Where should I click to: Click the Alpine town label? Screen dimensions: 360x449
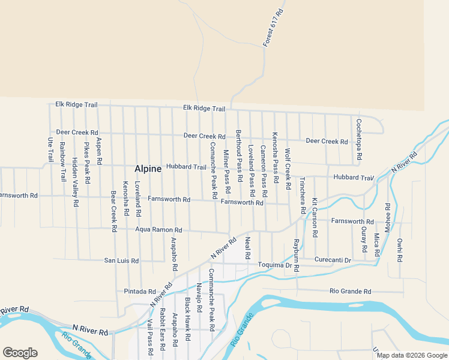(x=148, y=169)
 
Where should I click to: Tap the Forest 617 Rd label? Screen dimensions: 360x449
(x=273, y=29)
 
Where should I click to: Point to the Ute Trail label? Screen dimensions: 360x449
(x=50, y=149)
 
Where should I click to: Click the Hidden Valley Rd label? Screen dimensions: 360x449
(x=75, y=182)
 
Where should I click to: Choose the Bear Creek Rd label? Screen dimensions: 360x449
(x=113, y=212)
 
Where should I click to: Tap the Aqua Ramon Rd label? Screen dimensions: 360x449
(x=158, y=230)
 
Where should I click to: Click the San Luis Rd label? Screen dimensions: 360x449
(x=122, y=261)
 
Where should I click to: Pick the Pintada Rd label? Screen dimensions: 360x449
(x=139, y=292)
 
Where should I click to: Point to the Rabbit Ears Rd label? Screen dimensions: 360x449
(x=162, y=330)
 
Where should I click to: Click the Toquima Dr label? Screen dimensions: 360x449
(x=275, y=265)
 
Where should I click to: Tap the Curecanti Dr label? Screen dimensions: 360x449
(x=333, y=260)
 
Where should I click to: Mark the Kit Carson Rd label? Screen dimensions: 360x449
(x=314, y=217)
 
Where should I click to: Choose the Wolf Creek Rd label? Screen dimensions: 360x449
(x=288, y=167)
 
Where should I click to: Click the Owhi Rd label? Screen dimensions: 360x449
(x=400, y=250)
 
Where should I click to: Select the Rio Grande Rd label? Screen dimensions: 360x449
(x=351, y=292)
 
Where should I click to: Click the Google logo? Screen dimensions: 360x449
(x=20, y=353)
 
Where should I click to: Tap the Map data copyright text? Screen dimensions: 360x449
(x=412, y=355)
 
